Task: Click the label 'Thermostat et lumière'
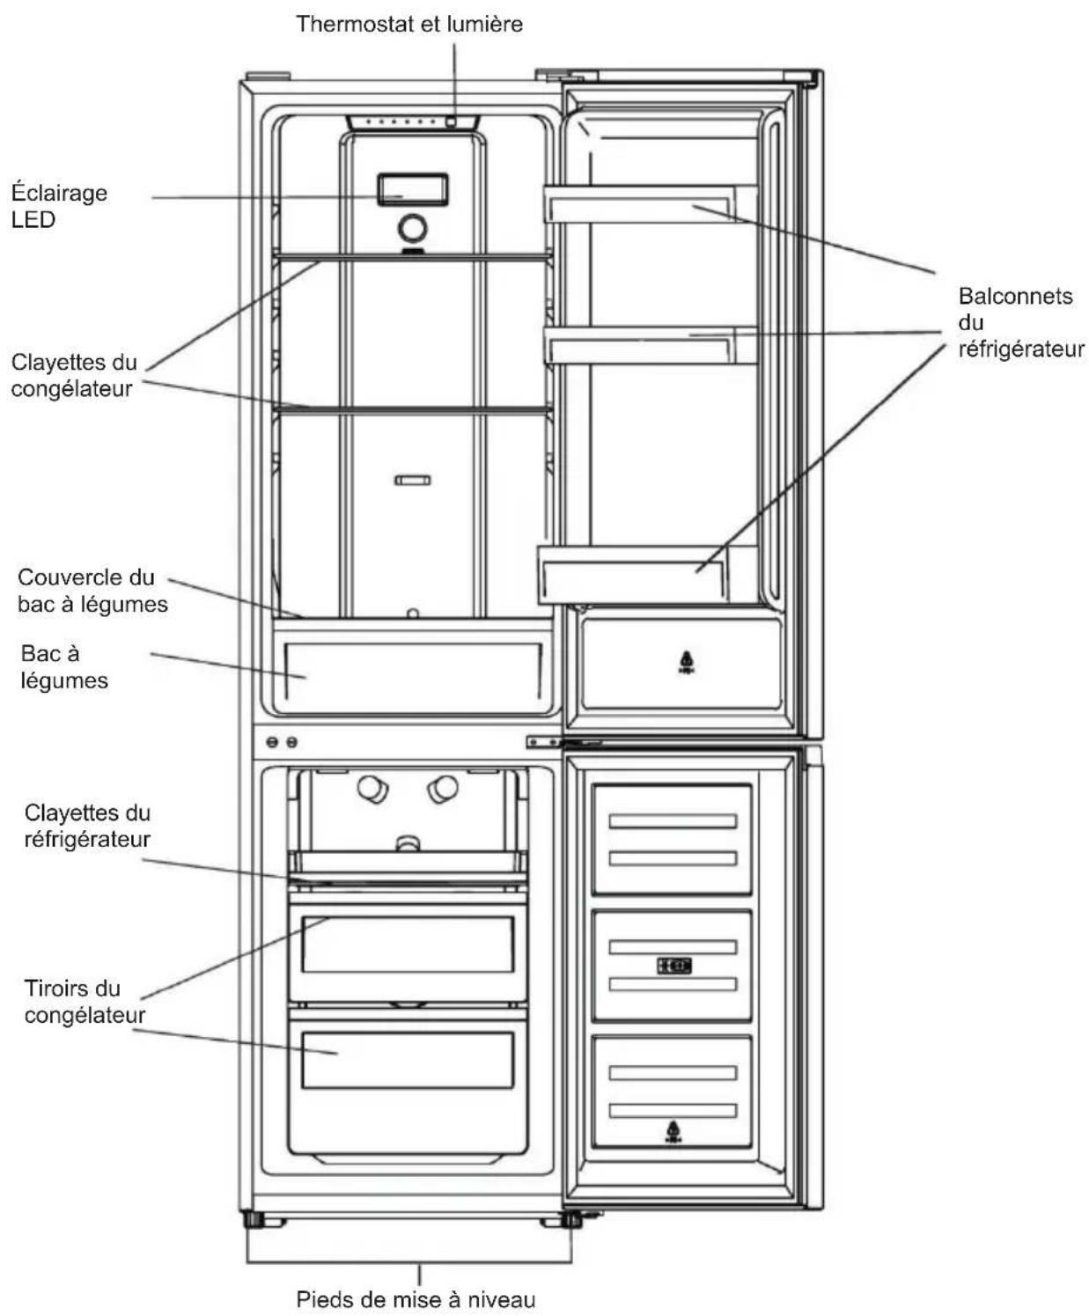409,24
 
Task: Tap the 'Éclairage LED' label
59,206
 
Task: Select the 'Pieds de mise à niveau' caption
416,1299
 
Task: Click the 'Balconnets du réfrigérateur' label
1021,322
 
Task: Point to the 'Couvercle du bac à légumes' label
92,591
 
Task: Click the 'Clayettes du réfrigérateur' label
88,826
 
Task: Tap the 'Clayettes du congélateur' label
74,375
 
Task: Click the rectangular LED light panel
413,190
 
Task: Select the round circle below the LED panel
413,228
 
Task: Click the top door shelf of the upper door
649,203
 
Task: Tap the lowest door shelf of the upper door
647,574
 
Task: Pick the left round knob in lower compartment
373,789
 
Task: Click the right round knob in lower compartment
443,789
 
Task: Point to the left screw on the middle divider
272,742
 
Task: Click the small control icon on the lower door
673,966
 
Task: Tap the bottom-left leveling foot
255,1219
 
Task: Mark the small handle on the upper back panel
413,481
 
